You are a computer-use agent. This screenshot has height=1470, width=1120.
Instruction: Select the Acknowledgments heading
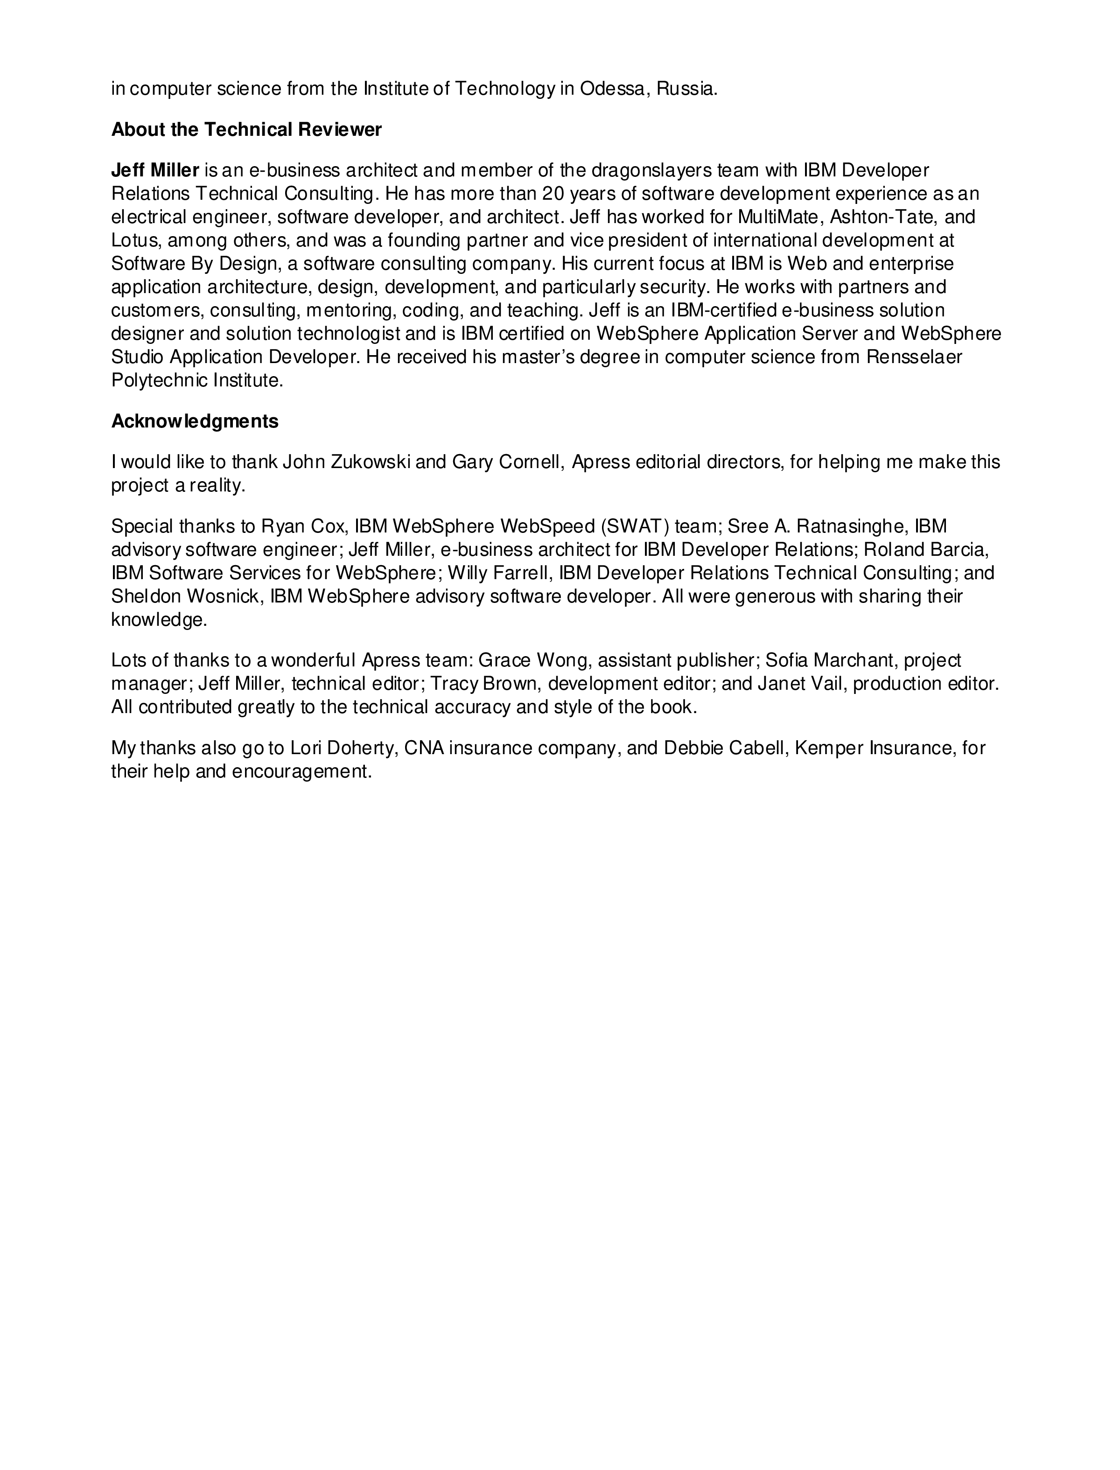[195, 421]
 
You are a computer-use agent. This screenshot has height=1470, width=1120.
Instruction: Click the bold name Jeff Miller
[155, 171]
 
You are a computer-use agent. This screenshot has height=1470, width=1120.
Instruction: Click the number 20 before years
[553, 194]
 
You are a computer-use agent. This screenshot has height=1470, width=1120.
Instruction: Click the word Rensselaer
[914, 357]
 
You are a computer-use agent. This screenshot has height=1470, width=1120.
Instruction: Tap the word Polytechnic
[159, 381]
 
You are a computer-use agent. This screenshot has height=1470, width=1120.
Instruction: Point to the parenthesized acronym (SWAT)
[635, 527]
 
